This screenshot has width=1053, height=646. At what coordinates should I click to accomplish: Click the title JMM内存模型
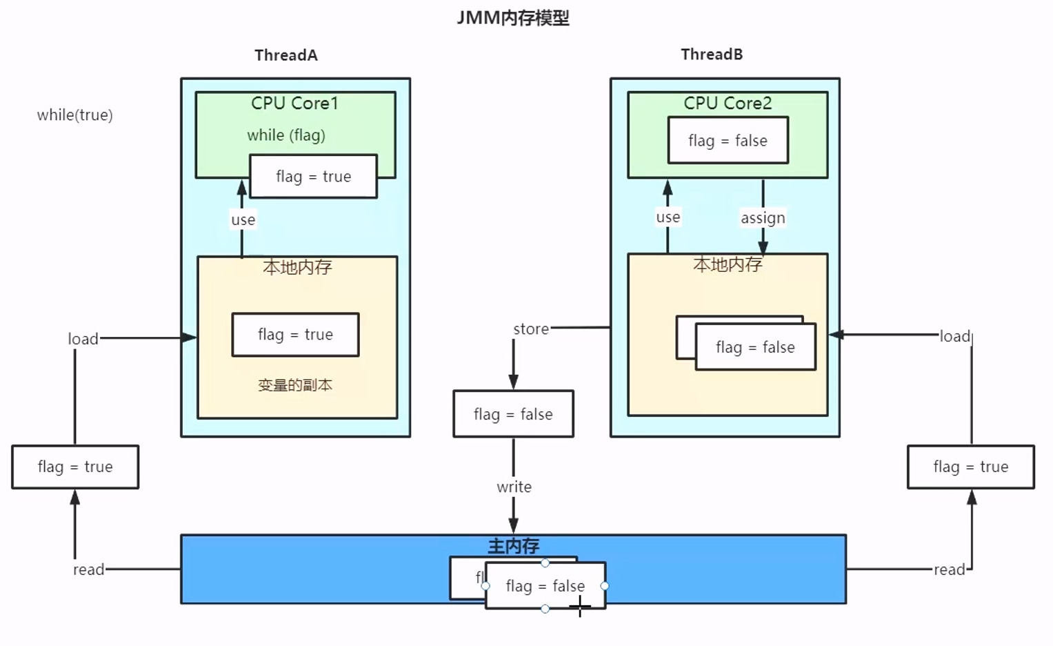(513, 18)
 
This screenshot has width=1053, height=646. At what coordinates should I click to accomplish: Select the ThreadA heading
(285, 55)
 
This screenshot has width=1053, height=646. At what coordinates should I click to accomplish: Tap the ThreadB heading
(712, 55)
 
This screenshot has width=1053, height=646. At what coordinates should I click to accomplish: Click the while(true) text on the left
(74, 115)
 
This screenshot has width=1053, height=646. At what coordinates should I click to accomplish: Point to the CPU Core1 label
(294, 104)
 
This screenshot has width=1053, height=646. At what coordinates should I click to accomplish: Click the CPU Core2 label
(728, 104)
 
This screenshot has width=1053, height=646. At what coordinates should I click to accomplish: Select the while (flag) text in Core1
(286, 135)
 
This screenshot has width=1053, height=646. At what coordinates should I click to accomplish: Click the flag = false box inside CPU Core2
(728, 141)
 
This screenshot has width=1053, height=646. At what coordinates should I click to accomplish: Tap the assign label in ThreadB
(763, 218)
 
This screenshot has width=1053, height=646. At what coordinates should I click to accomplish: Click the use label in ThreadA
(243, 220)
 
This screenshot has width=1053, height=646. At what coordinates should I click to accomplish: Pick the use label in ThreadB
(668, 217)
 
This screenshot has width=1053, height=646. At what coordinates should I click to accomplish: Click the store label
(531, 329)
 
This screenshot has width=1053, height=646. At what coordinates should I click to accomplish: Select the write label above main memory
(514, 487)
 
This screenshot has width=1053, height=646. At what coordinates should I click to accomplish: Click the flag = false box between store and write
(513, 414)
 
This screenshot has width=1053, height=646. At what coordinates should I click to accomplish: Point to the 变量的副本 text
(295, 385)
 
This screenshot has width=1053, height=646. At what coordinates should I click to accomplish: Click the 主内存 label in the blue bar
(513, 547)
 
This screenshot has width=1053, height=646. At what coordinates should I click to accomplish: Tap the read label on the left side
(89, 569)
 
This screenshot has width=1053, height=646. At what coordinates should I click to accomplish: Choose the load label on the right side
(955, 336)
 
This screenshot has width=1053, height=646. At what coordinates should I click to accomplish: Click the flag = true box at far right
(970, 467)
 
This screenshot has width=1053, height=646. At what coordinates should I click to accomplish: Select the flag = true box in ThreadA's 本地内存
(295, 335)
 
